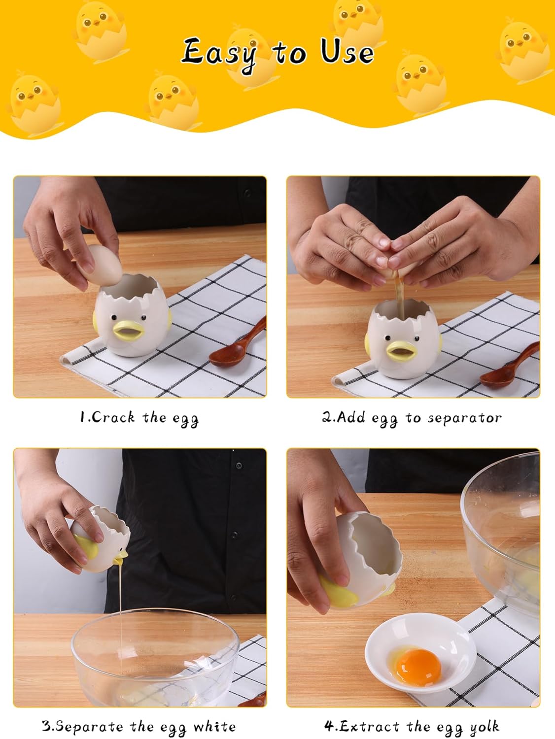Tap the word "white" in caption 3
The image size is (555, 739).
214,726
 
